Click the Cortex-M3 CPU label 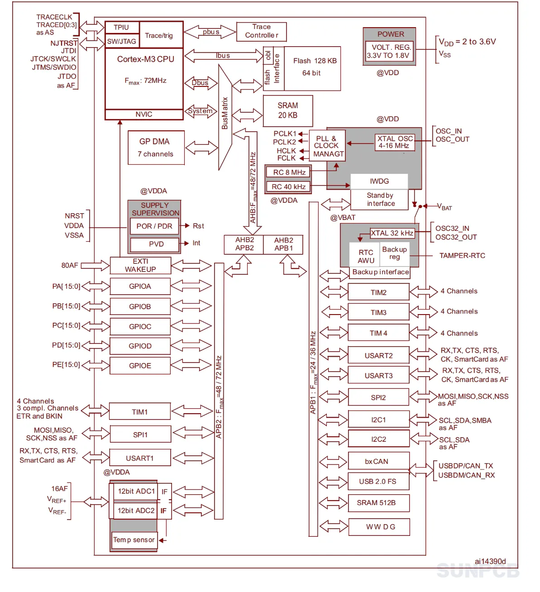pos(146,59)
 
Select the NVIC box pos(144,114)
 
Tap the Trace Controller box pos(261,31)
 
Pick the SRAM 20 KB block pos(287,111)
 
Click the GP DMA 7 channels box pos(156,148)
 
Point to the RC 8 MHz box pos(288,172)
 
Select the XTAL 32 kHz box pos(392,233)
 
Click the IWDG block pos(379,181)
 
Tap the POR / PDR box pos(154,226)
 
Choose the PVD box pos(155,244)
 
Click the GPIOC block pos(140,326)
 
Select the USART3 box pos(378,375)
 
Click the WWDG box pos(379,527)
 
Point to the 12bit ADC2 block pos(135,511)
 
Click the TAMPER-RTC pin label pos(462,256)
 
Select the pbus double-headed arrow pos(210,32)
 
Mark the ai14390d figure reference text pos(490,561)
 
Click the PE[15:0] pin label pos(66,364)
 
